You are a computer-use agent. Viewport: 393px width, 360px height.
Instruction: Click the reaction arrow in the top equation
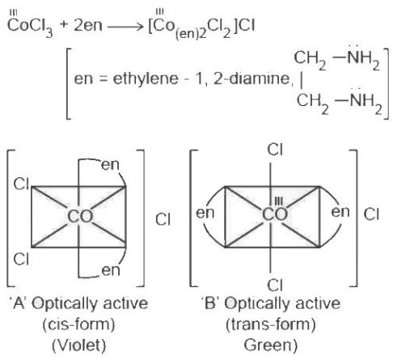tap(125, 27)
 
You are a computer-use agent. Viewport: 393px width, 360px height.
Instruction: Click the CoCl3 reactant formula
tap(30, 25)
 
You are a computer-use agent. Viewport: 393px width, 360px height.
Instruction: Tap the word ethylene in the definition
tap(146, 79)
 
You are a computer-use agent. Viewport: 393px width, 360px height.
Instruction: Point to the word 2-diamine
tap(251, 78)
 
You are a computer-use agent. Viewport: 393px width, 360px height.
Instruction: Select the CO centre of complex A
tap(80, 216)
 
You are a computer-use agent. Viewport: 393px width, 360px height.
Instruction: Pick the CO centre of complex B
tap(275, 214)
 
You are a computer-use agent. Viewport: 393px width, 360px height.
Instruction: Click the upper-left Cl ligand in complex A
tap(21, 184)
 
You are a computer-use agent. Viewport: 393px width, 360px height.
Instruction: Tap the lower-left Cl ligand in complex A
tap(21, 259)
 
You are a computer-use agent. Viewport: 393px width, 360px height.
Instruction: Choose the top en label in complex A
tap(110, 164)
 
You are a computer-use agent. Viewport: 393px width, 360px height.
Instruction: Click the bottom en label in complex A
tap(111, 270)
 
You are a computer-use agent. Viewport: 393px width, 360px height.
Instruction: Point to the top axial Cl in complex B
tap(275, 150)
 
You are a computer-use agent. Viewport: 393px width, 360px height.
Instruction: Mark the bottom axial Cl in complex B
tap(275, 286)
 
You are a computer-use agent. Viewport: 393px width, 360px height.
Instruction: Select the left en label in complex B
tap(205, 213)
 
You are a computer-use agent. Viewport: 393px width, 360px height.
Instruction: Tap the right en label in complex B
tap(340, 212)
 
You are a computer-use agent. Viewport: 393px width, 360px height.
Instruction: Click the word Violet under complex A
tap(78, 345)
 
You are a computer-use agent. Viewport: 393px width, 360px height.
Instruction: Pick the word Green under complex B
tap(270, 345)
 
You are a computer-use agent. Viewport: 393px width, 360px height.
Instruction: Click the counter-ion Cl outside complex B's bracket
tap(371, 214)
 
